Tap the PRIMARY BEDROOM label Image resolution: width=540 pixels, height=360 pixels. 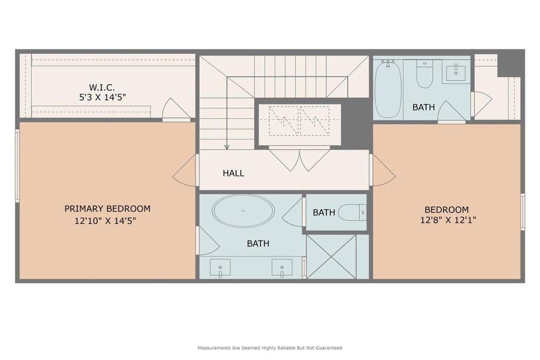[107, 209]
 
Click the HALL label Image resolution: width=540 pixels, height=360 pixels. [233, 173]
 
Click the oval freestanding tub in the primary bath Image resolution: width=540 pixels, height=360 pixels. [244, 211]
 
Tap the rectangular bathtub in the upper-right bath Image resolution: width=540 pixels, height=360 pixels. [388, 89]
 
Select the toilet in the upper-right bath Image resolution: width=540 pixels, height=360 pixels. [425, 73]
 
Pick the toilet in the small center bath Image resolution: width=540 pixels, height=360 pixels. [352, 212]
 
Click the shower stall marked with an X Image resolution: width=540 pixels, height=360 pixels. [331, 257]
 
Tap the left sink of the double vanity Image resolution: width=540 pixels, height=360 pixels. [221, 266]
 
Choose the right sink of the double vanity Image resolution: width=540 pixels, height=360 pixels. [282, 266]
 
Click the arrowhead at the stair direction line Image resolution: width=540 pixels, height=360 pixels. [227, 146]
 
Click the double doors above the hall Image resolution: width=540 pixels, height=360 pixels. [299, 158]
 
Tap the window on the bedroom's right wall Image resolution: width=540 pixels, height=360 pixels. [523, 212]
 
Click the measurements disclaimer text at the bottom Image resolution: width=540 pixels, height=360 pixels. [269, 348]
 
